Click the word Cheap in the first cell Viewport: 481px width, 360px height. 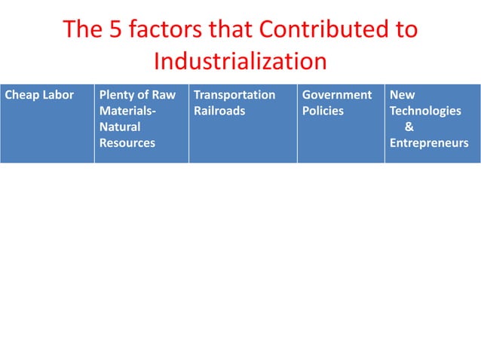pyautogui.click(x=21, y=96)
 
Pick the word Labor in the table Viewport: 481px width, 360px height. pyautogui.click(x=58, y=96)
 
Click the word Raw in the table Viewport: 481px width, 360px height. pyautogui.click(x=164, y=96)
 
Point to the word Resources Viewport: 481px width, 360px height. pyautogui.click(x=127, y=143)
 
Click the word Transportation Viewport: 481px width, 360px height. pyautogui.click(x=234, y=96)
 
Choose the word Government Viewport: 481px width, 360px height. pyautogui.click(x=337, y=96)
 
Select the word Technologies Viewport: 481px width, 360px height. pyautogui.click(x=425, y=111)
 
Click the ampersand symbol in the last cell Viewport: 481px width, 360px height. pyautogui.click(x=409, y=127)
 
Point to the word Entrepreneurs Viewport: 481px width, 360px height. pyautogui.click(x=429, y=143)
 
